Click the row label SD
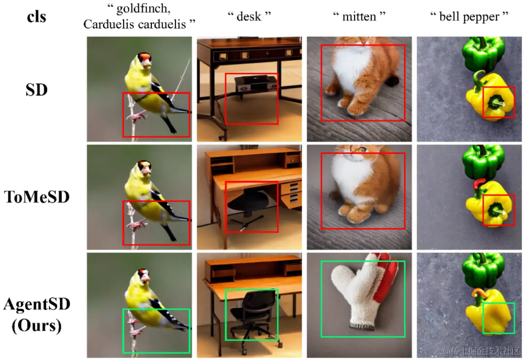coord(36,90)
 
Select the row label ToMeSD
coord(37,196)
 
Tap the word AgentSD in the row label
coord(37,304)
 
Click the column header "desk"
coord(249,16)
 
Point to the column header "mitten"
coord(359,16)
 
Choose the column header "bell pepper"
coord(469,16)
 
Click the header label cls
coord(36,16)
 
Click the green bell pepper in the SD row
coord(484,53)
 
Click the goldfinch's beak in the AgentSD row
coord(146,278)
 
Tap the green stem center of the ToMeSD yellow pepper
coord(495,211)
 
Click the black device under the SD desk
coord(256,83)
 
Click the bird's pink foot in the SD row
coord(136,116)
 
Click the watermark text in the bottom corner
coord(481,351)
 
